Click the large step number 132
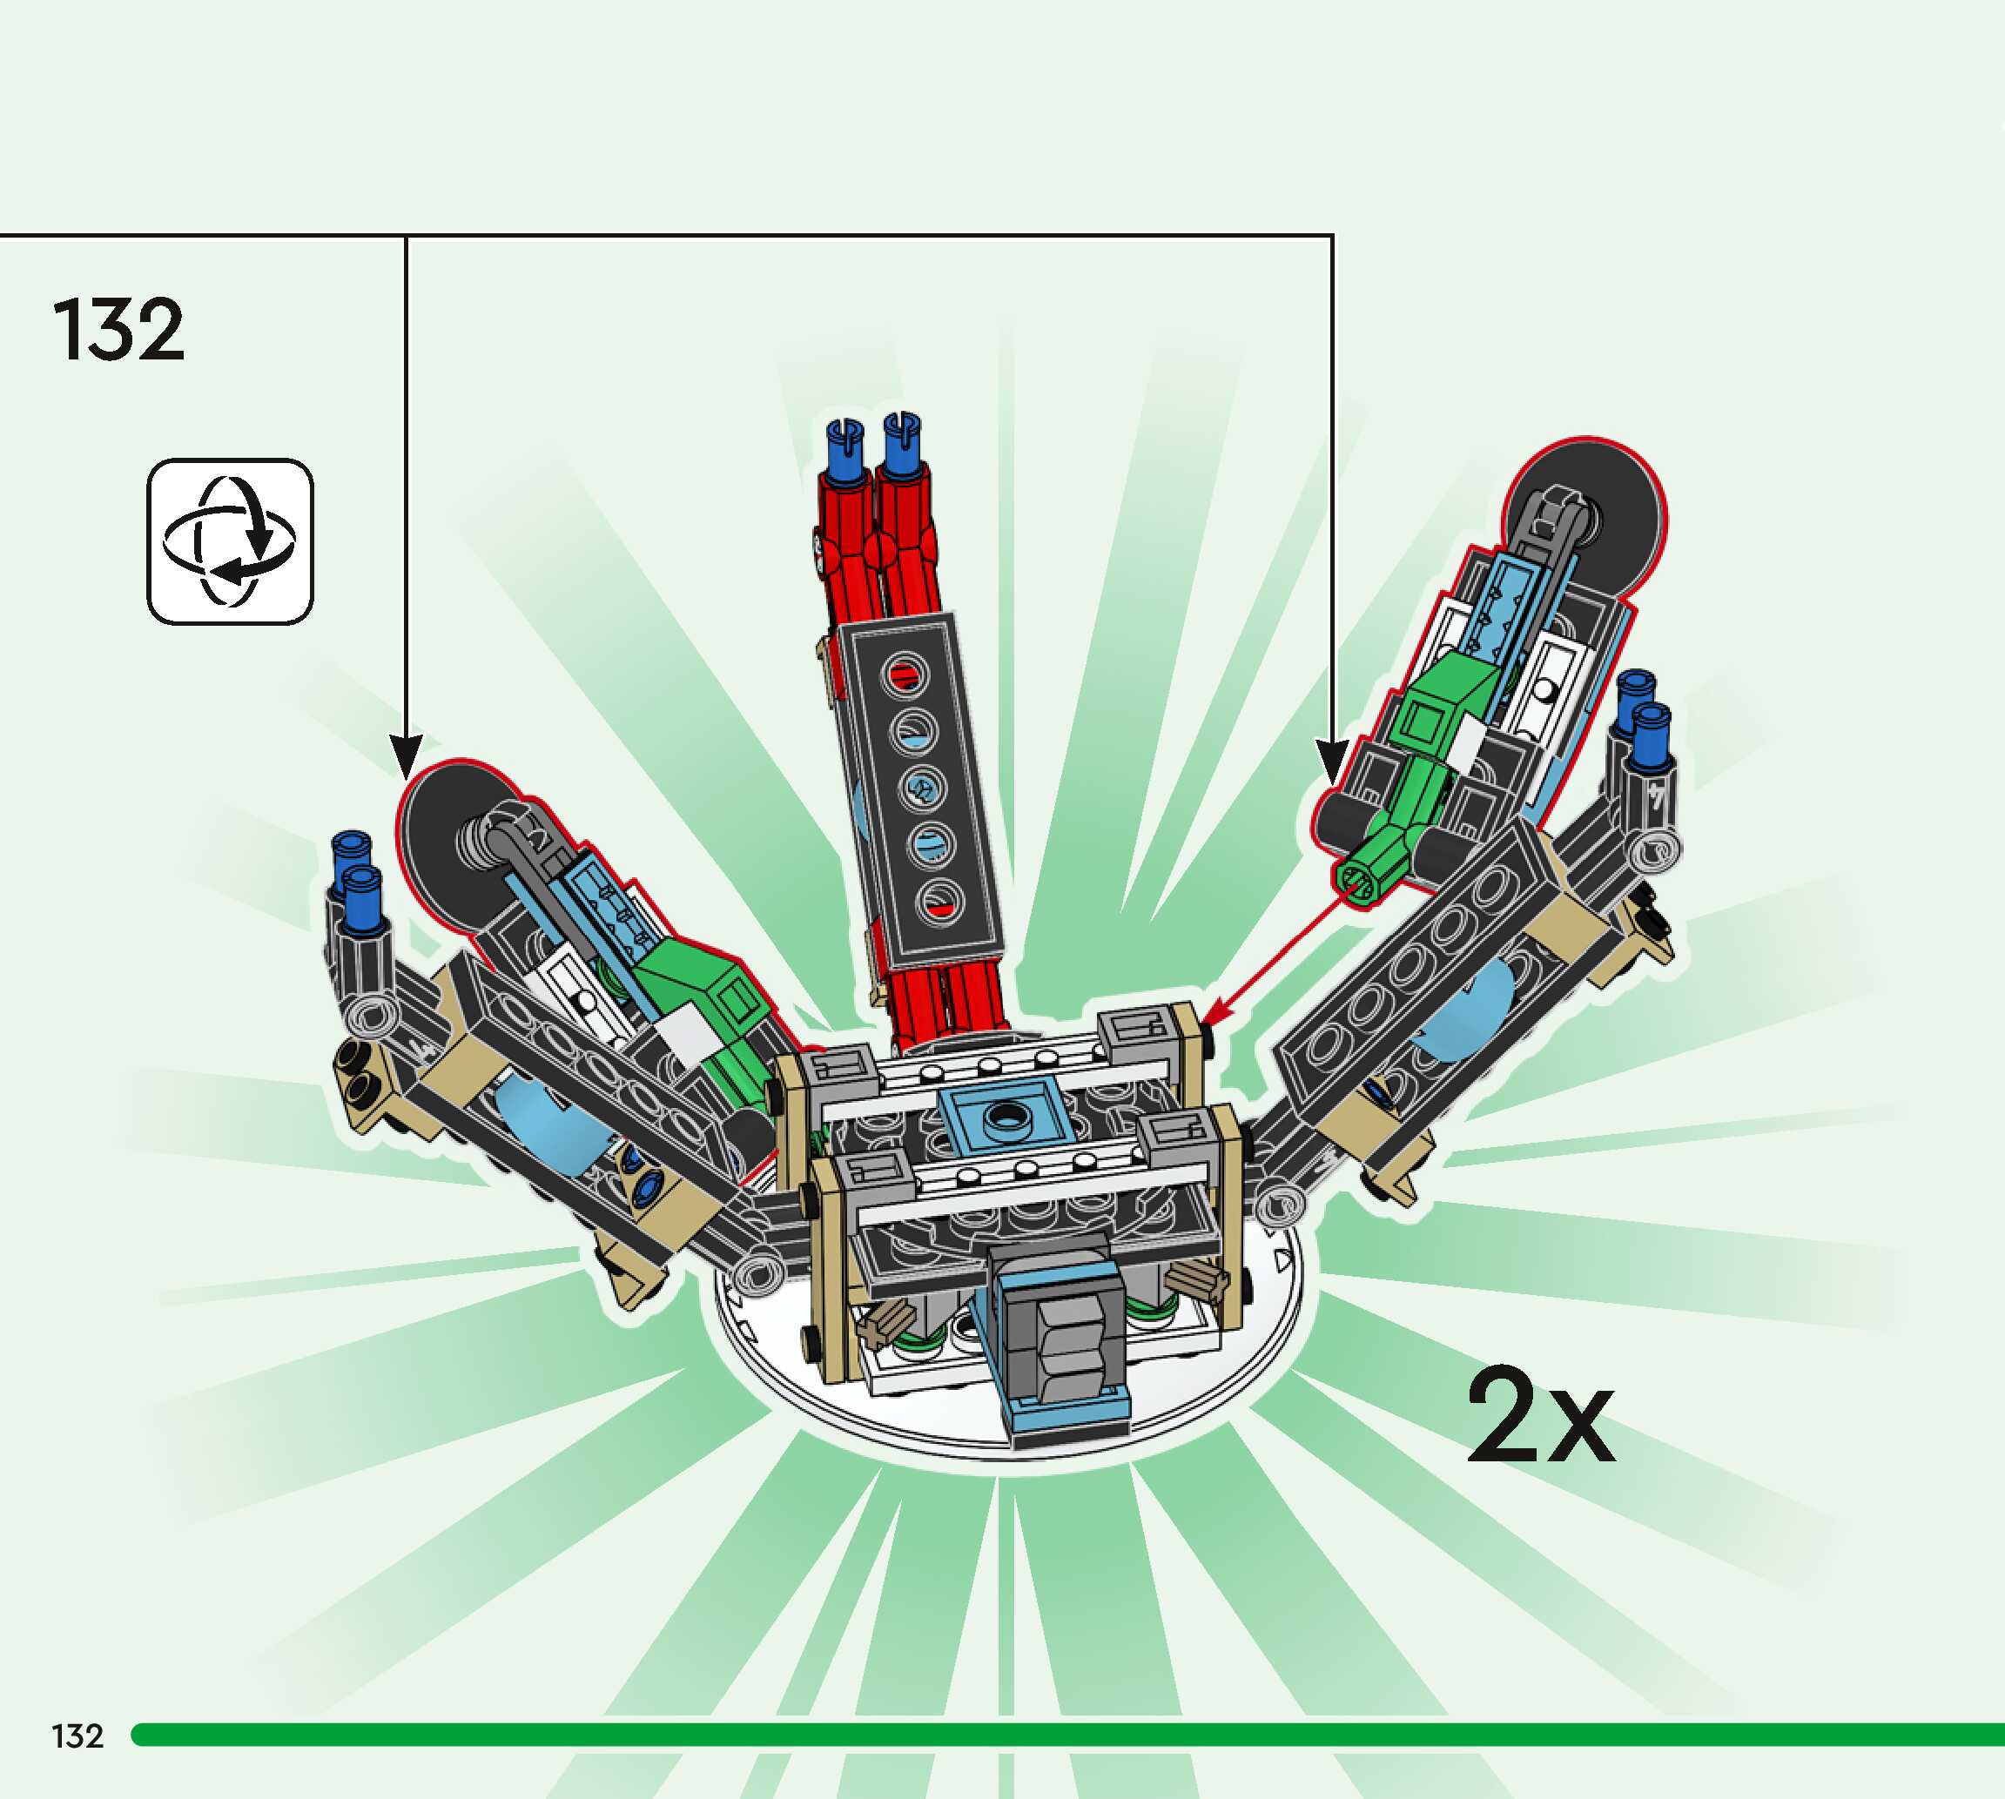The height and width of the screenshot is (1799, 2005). click(118, 329)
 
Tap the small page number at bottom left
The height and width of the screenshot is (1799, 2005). click(77, 1735)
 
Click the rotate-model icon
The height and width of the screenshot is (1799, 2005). click(231, 541)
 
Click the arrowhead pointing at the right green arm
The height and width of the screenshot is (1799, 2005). click(1332, 760)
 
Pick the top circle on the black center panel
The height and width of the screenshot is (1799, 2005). click(905, 675)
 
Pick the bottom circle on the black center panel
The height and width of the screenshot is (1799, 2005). click(940, 902)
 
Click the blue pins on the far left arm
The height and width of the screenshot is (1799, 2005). click(358, 882)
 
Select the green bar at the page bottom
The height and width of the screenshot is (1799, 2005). click(1067, 1735)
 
